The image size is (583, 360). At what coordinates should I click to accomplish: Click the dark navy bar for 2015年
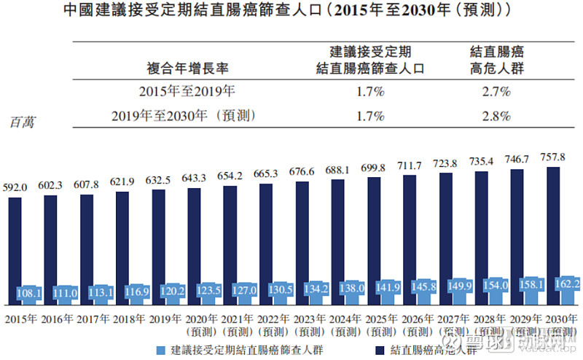pyautogui.click(x=15, y=240)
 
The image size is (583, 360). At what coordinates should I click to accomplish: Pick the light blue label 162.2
pyautogui.click(x=568, y=283)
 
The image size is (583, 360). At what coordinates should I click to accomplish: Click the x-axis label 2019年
pyautogui.click(x=165, y=318)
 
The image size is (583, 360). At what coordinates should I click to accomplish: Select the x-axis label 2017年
pyautogui.click(x=93, y=318)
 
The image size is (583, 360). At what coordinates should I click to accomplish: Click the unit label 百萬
pyautogui.click(x=21, y=122)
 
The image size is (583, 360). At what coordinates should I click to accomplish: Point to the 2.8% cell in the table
pyautogui.click(x=496, y=116)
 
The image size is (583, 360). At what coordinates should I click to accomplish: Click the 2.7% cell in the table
pyautogui.click(x=496, y=92)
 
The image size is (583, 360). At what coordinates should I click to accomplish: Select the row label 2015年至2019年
pyautogui.click(x=187, y=92)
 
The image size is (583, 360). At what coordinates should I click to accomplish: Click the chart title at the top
pyautogui.click(x=291, y=12)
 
